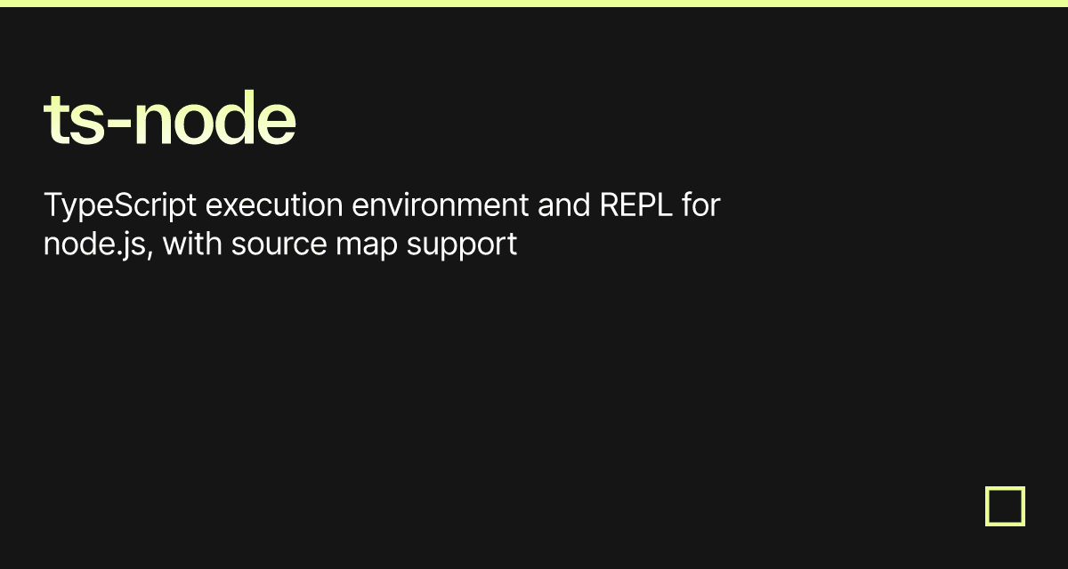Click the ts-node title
coord(170,117)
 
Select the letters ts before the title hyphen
coord(74,120)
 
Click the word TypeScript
coord(119,206)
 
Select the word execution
coord(274,205)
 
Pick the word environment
coord(440,205)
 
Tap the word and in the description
coord(564,205)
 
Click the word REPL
coord(635,204)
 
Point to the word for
coord(701,204)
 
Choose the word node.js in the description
coord(94,244)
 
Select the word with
coord(192,244)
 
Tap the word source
coord(279,245)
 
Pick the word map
coord(367,247)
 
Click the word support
coord(462,246)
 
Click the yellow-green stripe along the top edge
coord(534,4)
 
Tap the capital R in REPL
coord(609,204)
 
